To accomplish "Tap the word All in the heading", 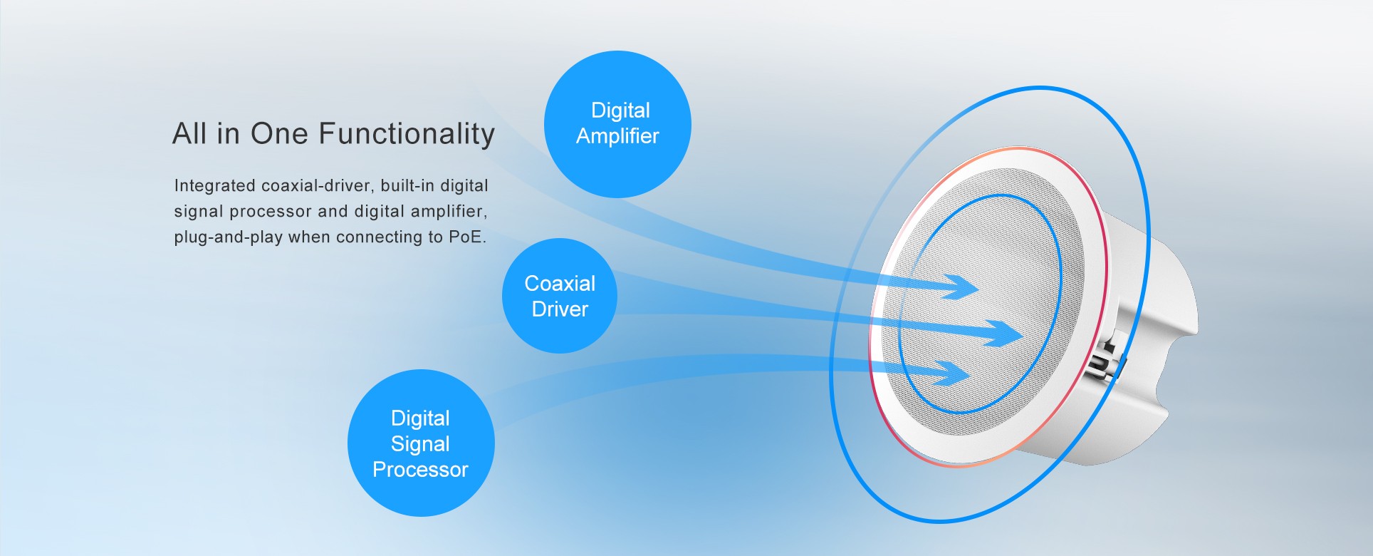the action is [189, 133].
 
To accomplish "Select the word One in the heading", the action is [279, 133].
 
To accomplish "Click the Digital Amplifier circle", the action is [617, 124].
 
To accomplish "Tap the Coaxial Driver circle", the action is [560, 296].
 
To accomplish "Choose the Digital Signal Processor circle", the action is [421, 443].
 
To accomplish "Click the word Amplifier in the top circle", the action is [617, 136].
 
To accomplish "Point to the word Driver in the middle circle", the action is [560, 309].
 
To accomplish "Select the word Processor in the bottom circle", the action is [420, 470].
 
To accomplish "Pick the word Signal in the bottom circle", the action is [420, 444].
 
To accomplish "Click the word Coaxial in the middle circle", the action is [560, 284].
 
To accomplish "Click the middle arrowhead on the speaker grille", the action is [1004, 334].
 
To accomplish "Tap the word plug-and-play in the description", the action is [229, 237].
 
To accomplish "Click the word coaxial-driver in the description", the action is [316, 185].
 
